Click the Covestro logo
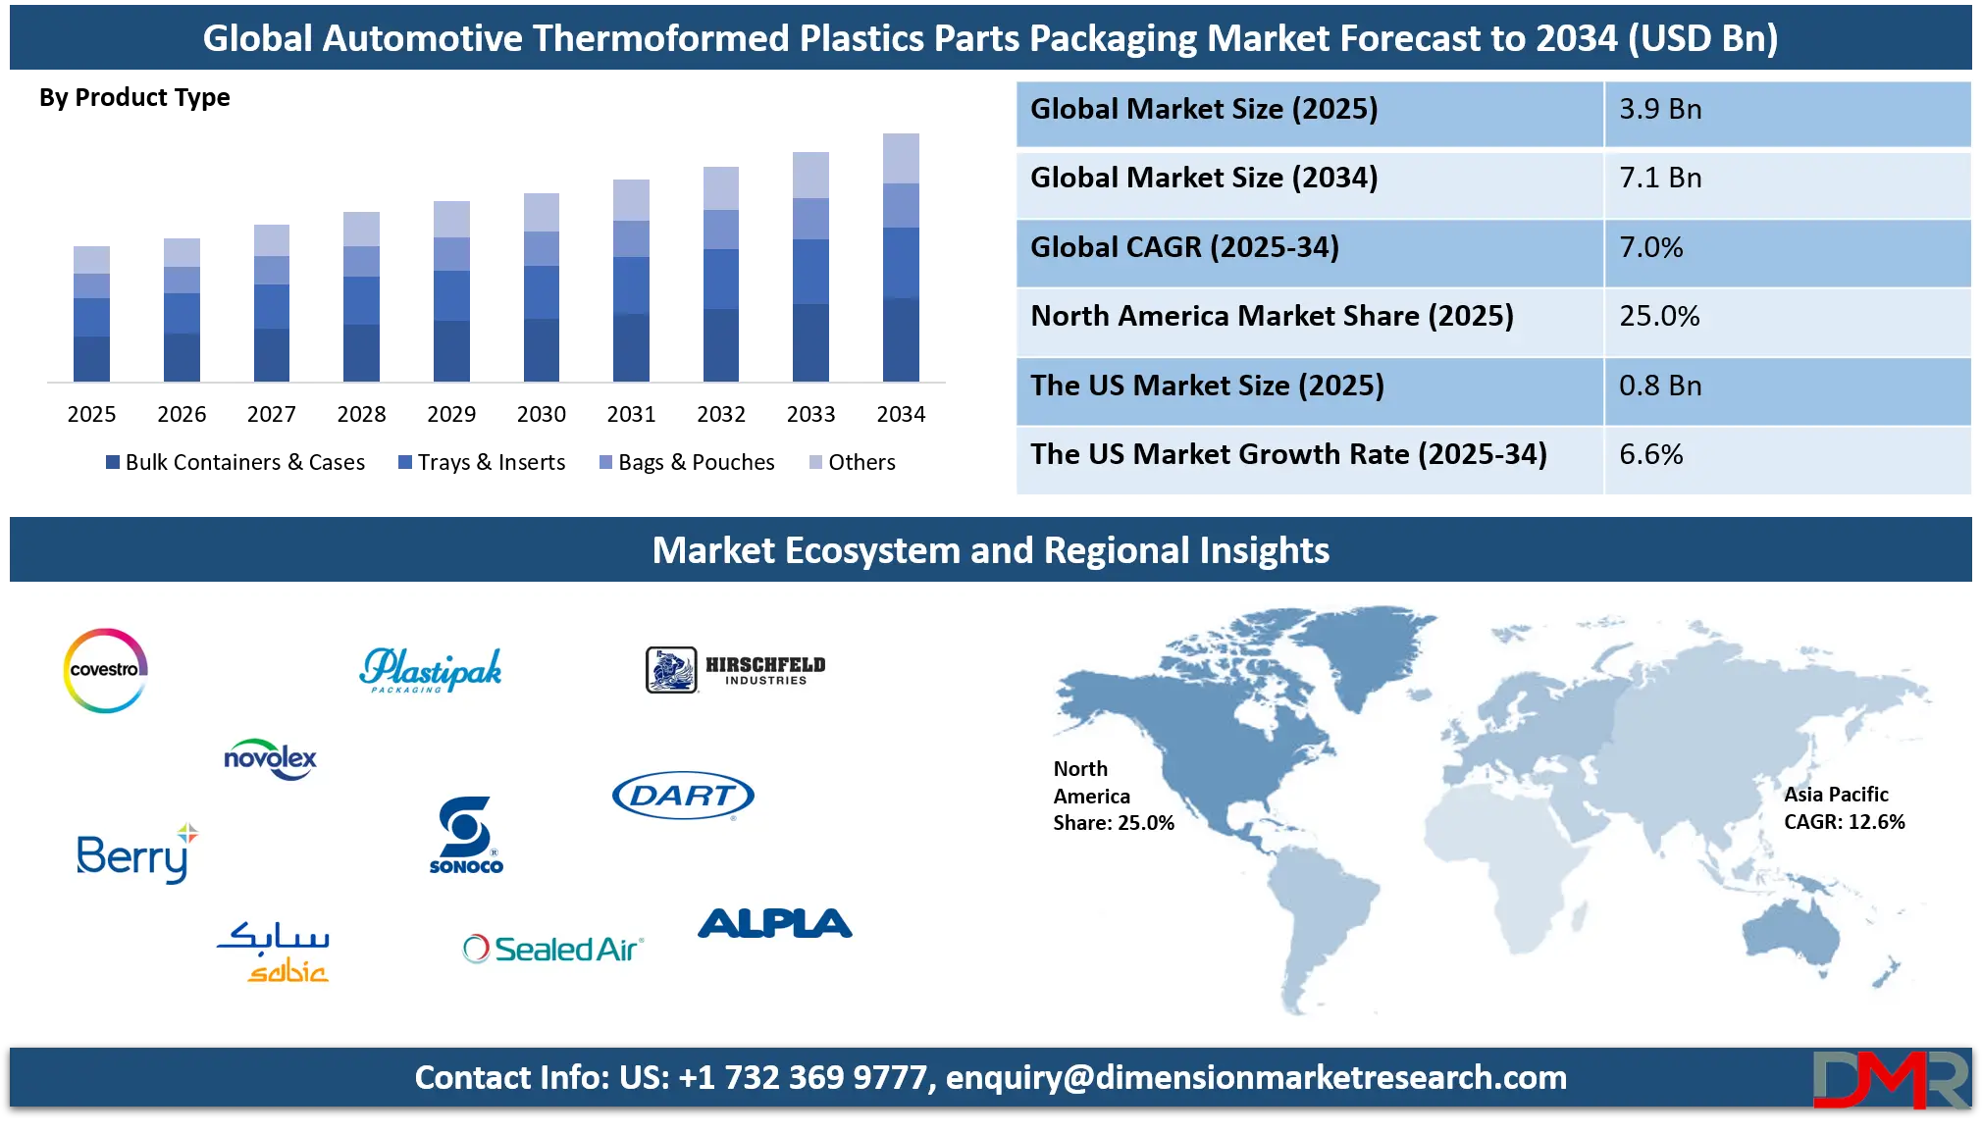(105, 670)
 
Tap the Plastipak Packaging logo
(431, 670)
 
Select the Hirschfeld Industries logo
(736, 670)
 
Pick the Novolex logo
(270, 759)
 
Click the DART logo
(683, 796)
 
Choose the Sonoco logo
(466, 835)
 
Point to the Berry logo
(136, 854)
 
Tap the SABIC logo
(274, 951)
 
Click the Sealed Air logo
(552, 949)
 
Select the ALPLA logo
(774, 923)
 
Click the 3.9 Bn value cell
(1660, 110)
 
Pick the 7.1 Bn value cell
(1660, 179)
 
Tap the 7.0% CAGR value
(1650, 248)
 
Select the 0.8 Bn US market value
(1660, 387)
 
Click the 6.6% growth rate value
(1650, 455)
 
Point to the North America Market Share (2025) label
(1272, 317)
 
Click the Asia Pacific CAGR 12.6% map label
(1844, 808)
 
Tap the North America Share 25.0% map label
(1113, 796)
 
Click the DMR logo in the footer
(1890, 1079)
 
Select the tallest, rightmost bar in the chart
(902, 257)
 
